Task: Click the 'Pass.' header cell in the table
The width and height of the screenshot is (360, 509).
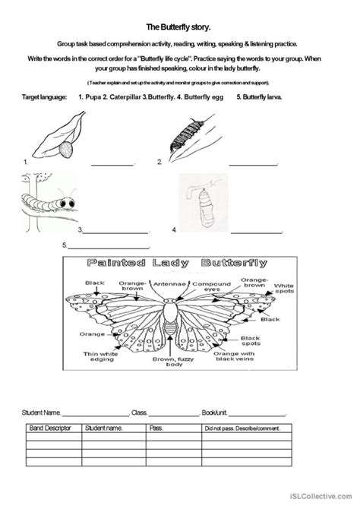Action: point(156,428)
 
